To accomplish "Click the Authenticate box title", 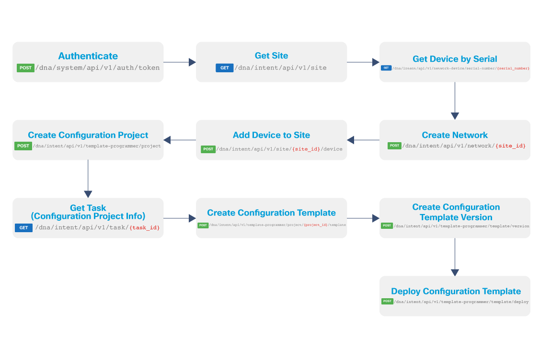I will [88, 56].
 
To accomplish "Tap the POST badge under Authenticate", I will [25, 68].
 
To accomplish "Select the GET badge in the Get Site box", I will [224, 68].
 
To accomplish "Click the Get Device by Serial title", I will [455, 59].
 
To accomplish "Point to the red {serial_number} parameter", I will [513, 68].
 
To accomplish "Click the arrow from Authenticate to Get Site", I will [180, 62].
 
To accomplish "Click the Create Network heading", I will [455, 135].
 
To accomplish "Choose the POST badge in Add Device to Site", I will [208, 149].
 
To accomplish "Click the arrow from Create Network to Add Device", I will [363, 140].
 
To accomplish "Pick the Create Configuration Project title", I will [88, 135].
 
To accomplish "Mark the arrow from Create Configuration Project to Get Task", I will [88, 179].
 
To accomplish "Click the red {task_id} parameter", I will [144, 228].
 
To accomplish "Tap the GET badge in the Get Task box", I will [23, 228].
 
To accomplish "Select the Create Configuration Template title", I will [271, 213].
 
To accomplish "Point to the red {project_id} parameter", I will [315, 225].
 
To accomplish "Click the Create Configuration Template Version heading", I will [456, 212].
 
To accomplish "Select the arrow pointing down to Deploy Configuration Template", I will [455, 257].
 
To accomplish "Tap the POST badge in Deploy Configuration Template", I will [387, 302].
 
